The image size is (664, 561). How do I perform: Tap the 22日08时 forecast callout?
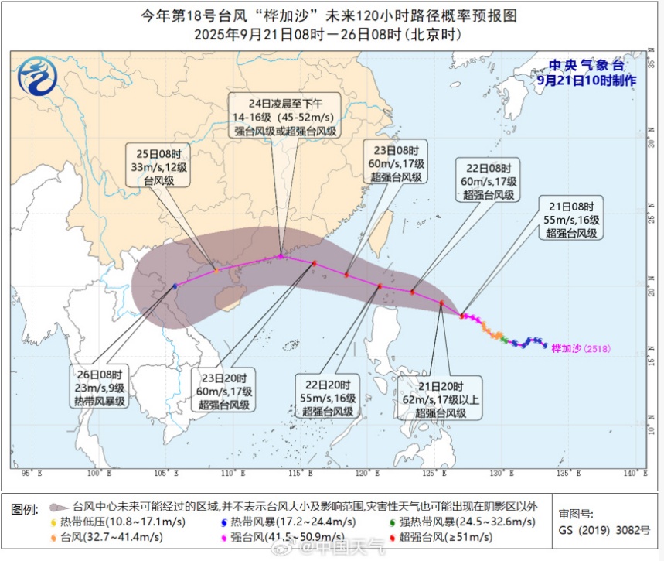(x=489, y=181)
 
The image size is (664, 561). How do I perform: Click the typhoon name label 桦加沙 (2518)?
(x=581, y=348)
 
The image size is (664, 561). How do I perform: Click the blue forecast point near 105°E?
(x=175, y=286)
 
